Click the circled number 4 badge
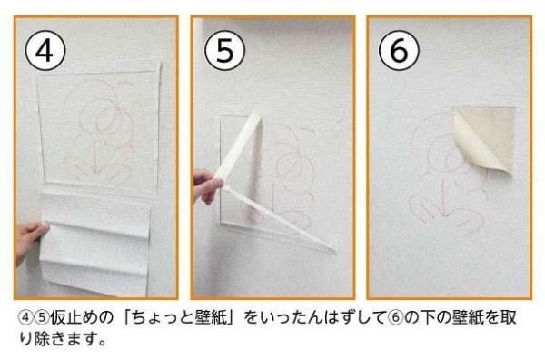point(45,51)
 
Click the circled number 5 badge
point(225,51)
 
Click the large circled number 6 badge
point(399,51)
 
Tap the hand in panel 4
point(31,240)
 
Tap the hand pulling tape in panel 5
point(206,186)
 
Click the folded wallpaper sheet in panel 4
point(95,244)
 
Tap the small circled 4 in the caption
point(25,318)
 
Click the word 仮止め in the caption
point(74,317)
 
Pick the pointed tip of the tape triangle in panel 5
point(334,250)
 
